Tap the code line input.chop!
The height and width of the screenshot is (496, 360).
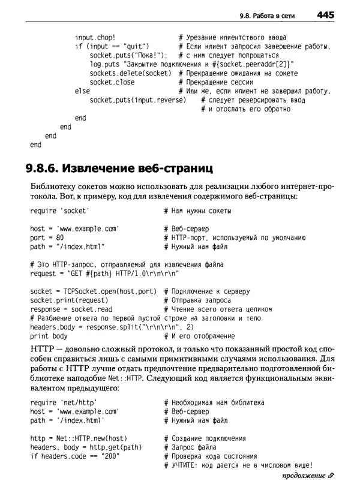pos(96,37)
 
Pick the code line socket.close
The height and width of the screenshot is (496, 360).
pos(112,82)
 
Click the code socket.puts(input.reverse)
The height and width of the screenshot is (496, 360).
pos(138,100)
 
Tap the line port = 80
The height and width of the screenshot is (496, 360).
pos(47,238)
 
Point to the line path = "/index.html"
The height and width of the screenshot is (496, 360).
pos(67,247)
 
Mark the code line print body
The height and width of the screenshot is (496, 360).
pos(49,336)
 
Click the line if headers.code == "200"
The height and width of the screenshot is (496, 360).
pos(75,456)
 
